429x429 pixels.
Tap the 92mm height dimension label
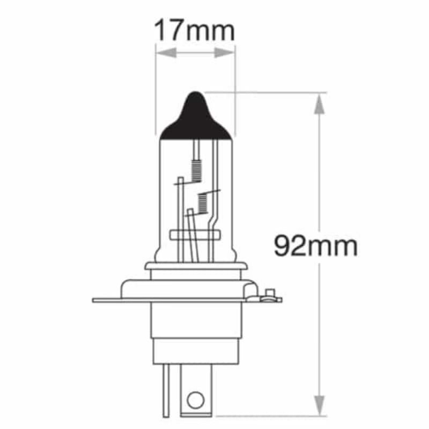pos(315,247)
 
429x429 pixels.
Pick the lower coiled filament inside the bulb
pos(203,202)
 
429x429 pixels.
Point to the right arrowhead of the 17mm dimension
pos(227,53)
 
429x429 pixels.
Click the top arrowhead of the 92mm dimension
pos(319,102)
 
